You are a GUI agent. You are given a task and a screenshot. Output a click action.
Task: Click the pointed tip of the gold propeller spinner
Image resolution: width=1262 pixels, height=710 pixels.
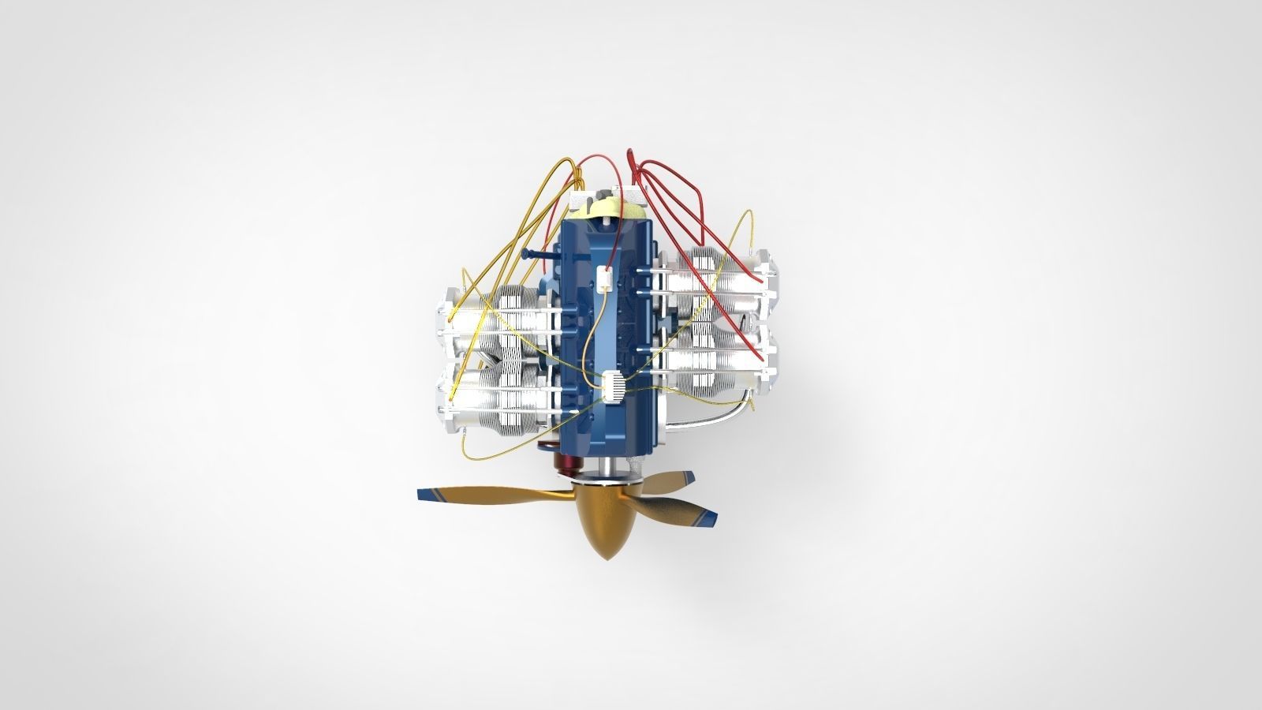click(606, 558)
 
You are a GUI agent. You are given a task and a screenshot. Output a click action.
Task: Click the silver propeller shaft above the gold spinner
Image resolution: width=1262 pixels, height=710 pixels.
click(606, 469)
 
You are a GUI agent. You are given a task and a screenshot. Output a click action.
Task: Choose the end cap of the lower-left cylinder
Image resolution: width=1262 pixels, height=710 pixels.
click(446, 398)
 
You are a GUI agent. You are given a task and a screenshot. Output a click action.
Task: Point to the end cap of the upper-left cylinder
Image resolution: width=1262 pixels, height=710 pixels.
click(446, 316)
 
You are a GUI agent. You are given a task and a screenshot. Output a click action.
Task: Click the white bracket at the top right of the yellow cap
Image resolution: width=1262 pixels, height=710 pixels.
click(640, 194)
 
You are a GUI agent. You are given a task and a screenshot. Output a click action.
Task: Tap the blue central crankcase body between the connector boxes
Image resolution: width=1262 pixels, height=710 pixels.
click(604, 331)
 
